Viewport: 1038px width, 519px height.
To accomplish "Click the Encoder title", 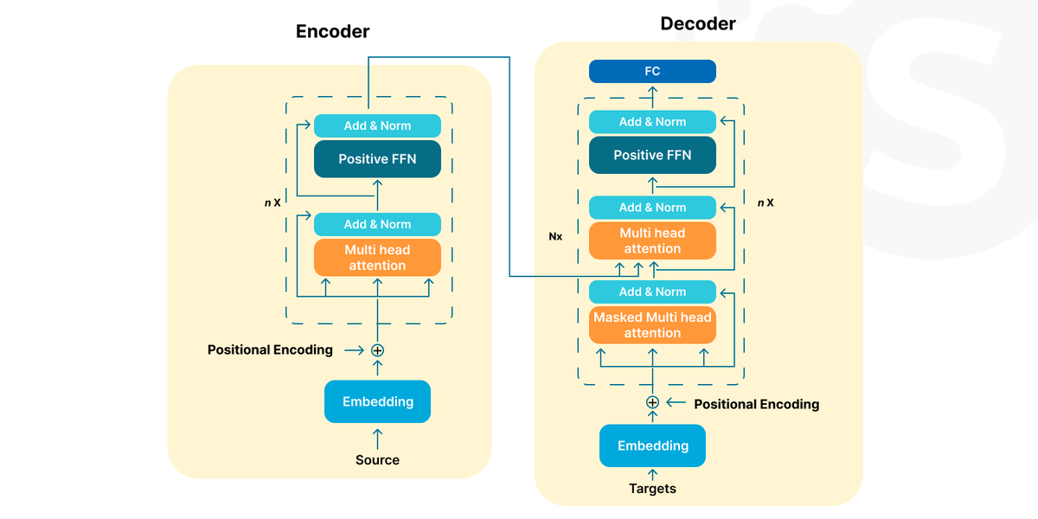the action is point(333,31).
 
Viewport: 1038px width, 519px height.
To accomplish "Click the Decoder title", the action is point(698,23).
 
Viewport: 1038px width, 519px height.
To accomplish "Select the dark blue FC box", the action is point(652,71).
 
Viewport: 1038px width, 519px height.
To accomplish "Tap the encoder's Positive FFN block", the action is point(377,159).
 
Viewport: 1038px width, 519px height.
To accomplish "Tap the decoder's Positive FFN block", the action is point(652,155).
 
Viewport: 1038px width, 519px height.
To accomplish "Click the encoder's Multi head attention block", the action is point(377,258).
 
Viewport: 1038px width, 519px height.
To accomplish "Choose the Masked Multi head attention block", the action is point(652,325).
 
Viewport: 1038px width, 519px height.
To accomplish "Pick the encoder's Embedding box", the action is point(377,401).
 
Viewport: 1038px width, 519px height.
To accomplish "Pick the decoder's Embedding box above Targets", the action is point(652,445).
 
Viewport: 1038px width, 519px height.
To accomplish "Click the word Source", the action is point(377,459).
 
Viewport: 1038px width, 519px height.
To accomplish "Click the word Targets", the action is point(652,489).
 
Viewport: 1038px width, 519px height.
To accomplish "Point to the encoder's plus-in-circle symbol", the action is point(377,350).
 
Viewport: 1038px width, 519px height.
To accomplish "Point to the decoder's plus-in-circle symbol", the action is point(652,402).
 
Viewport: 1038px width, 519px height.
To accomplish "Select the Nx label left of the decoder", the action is point(555,236).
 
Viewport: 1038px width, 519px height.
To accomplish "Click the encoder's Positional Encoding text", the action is point(270,349).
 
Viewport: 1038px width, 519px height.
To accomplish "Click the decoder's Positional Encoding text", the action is point(756,404).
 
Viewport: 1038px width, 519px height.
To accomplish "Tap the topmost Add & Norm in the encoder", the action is point(377,125).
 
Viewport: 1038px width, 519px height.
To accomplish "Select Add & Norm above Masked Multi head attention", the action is point(652,292).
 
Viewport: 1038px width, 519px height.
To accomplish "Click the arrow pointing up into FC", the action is point(652,97).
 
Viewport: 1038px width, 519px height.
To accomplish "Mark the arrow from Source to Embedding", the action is point(377,439).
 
